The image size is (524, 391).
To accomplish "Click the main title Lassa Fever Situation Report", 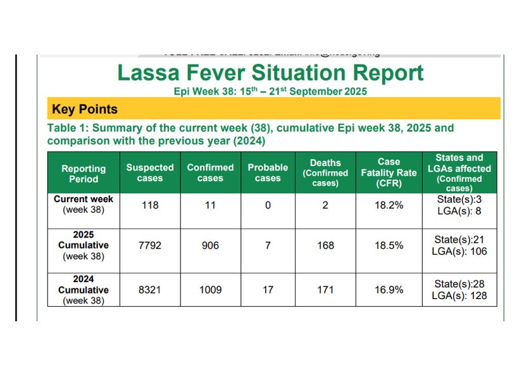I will [270, 73].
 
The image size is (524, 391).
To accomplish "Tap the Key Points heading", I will [85, 109].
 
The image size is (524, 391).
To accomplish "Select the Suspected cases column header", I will [150, 173].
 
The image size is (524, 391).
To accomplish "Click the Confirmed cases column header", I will [210, 173].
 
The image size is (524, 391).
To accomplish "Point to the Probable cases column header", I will [268, 173].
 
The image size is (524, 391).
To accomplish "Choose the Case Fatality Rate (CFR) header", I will [389, 173].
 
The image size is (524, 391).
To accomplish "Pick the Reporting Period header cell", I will [84, 174].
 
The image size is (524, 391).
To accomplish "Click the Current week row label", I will [84, 204].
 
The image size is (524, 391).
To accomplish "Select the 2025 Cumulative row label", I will [84, 245].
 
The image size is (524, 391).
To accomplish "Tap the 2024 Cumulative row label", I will [84, 290].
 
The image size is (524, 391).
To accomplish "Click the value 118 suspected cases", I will [150, 205].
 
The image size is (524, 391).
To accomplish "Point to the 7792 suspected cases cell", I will [150, 245].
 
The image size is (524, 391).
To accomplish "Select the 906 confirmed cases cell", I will [210, 245].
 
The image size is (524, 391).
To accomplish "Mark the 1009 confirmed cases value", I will [210, 290].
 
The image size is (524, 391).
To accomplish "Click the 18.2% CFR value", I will [389, 205].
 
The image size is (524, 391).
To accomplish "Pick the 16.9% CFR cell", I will [389, 290].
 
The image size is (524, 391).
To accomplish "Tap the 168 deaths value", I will [325, 245].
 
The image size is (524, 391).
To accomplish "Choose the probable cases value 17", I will [268, 290].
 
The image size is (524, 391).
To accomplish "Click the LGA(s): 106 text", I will [459, 252].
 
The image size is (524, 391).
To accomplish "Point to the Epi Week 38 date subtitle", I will [270, 91].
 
